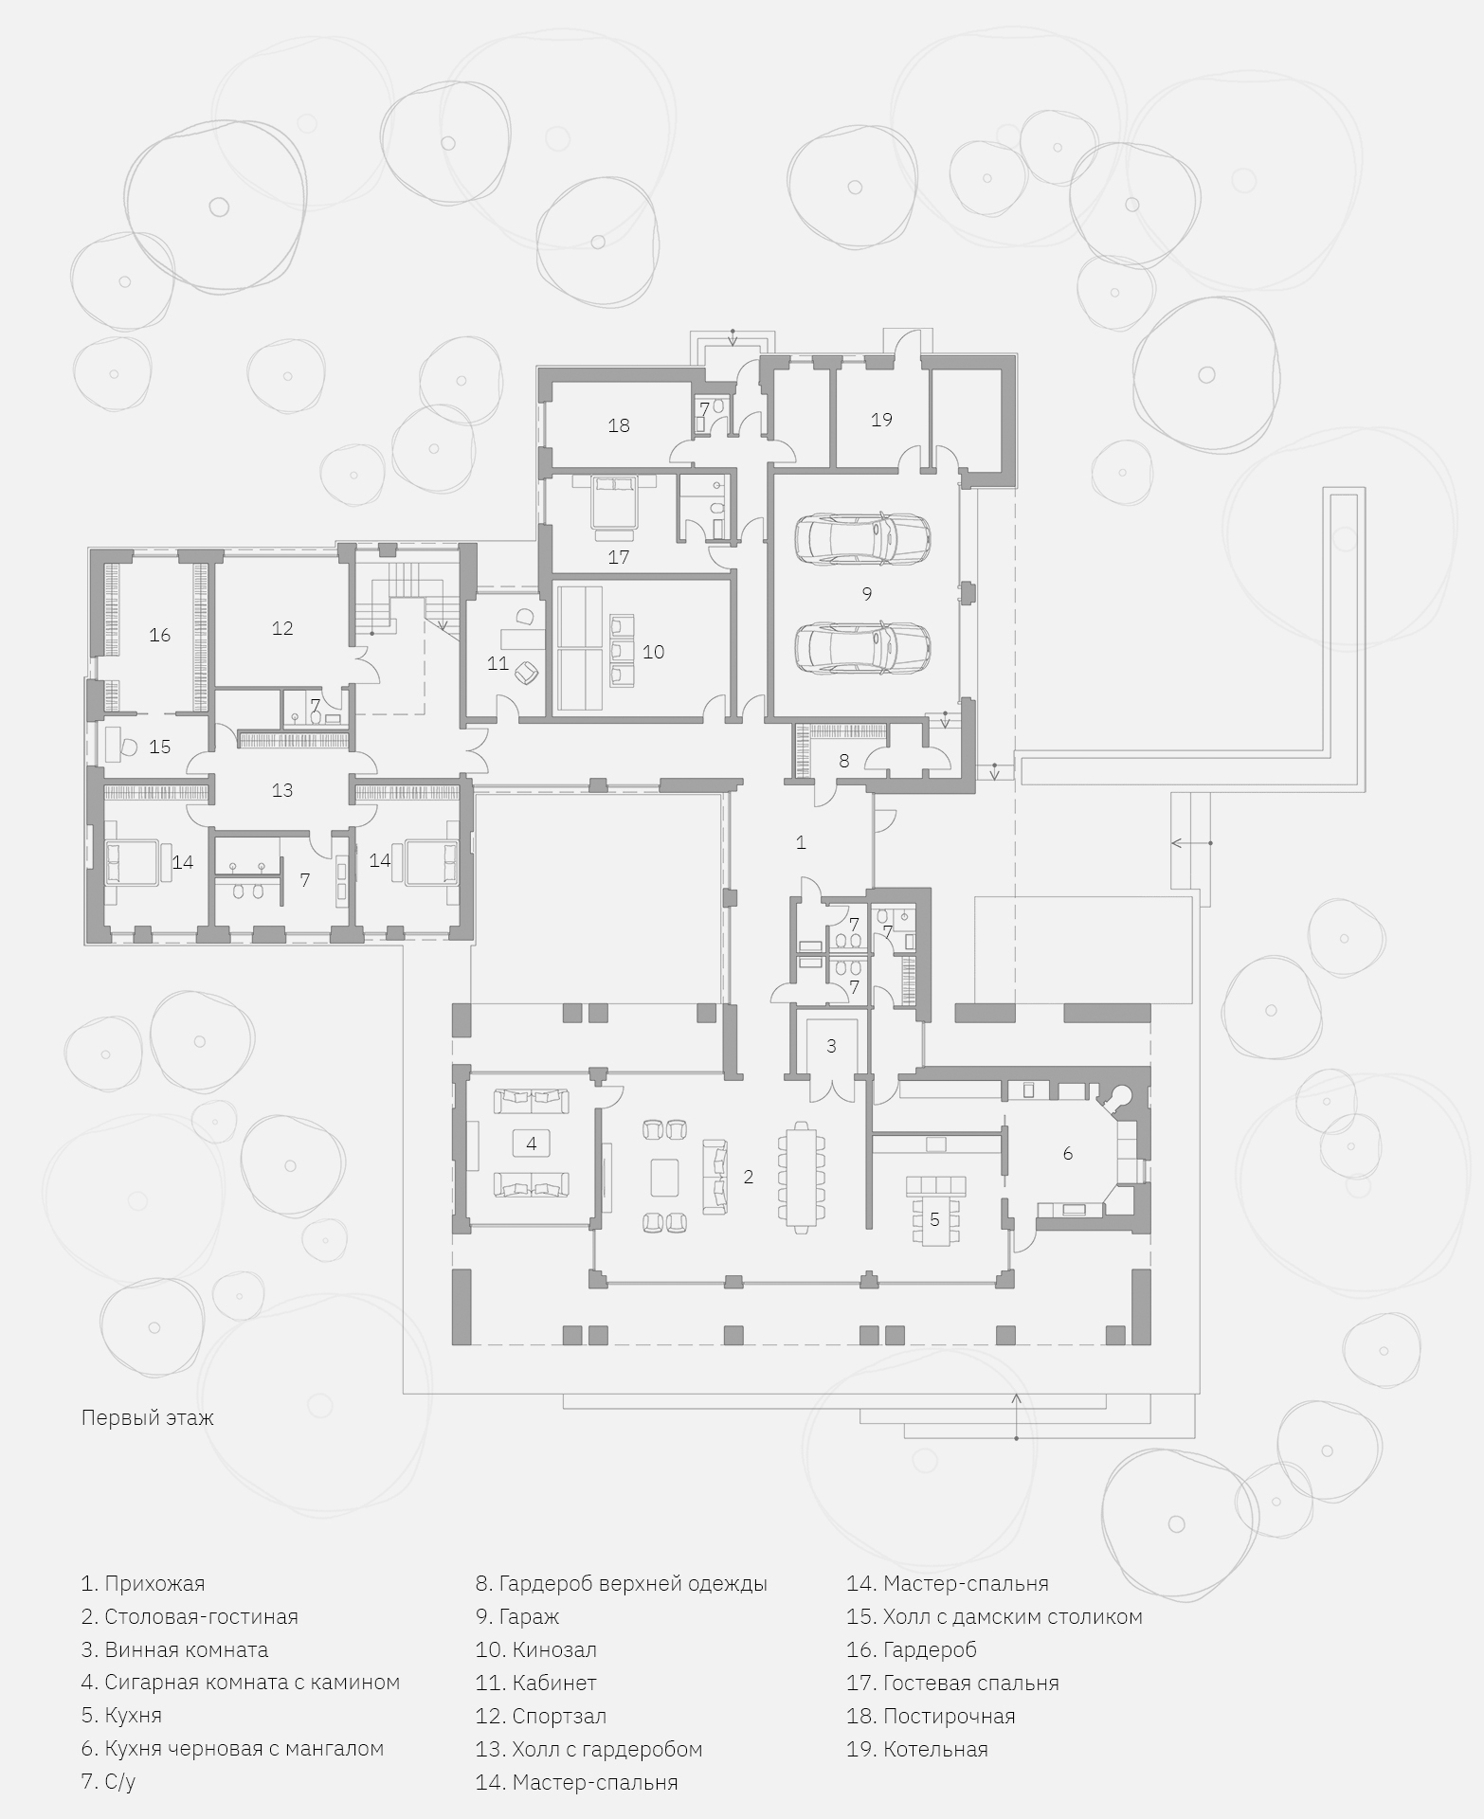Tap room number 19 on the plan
881,420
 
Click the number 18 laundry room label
619,425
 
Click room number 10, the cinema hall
654,652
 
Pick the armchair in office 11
526,673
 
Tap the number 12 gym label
282,628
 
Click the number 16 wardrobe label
159,635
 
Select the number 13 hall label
282,790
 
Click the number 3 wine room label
831,1046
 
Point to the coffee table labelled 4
532,1144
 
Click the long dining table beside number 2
801,1175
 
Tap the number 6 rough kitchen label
1068,1153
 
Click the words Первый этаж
148,1418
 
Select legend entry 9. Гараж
517,1616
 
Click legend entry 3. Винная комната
174,1649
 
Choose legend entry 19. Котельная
917,1749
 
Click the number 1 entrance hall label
801,842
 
